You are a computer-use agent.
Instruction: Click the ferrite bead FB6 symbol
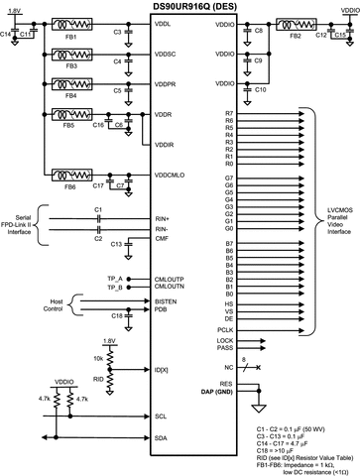tap(70, 176)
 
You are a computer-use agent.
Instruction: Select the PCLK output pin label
tap(224, 328)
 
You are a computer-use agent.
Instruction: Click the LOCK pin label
tap(224, 340)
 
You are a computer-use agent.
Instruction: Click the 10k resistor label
tap(99, 356)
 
